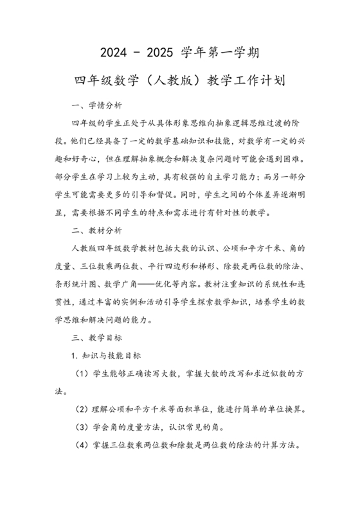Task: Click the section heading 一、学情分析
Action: tap(93, 105)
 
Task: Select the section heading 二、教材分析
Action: tap(93, 229)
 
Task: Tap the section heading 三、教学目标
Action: tap(93, 337)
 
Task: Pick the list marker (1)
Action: tap(82, 373)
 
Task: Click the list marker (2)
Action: tap(82, 409)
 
